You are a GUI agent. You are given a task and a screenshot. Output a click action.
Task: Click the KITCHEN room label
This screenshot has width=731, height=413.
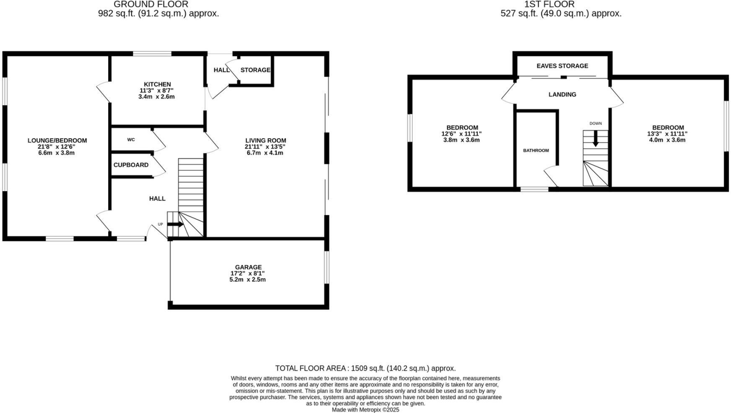[x=157, y=84]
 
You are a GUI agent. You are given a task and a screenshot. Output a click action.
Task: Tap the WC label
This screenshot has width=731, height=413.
[x=131, y=140]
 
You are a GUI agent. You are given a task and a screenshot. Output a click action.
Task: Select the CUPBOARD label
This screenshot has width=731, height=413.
[x=131, y=165]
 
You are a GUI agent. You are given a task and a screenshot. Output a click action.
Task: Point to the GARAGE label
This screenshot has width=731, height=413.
[x=248, y=267]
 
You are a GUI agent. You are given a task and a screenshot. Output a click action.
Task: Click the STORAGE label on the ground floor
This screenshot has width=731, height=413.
[x=255, y=70]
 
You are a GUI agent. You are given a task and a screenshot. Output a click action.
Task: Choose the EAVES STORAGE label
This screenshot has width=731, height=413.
[x=562, y=66]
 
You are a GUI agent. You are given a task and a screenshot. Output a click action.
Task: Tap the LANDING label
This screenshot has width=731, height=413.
[x=562, y=94]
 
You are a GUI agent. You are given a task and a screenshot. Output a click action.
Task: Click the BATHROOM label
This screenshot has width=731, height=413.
[x=536, y=151]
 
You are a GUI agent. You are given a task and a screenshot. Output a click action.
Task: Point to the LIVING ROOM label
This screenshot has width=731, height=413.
[x=266, y=140]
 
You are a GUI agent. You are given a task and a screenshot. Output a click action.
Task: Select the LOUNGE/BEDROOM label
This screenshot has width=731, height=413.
[x=57, y=140]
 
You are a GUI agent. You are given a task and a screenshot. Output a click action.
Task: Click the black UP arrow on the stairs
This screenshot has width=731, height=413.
[x=176, y=224]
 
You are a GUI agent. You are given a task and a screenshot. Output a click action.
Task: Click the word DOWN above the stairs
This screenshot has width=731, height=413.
[x=595, y=123]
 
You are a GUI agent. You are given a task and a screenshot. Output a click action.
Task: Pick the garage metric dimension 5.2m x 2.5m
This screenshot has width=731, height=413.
[x=247, y=280]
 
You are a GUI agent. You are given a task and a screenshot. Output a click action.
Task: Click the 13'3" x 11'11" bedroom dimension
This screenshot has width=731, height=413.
[x=667, y=134]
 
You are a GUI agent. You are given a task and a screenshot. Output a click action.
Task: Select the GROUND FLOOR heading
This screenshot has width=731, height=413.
[x=151, y=4]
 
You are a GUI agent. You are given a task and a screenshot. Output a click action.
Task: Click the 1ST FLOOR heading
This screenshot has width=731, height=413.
[x=549, y=4]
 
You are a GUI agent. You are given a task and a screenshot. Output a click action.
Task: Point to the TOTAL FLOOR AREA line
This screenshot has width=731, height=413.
[x=365, y=368]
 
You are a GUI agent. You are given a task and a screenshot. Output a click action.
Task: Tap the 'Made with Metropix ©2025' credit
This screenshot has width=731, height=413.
[x=365, y=410]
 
